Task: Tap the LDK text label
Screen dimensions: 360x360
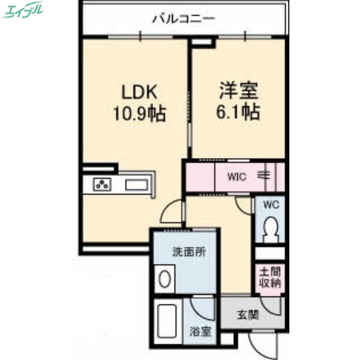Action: [139, 92]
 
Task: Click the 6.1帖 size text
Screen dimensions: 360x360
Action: [238, 112]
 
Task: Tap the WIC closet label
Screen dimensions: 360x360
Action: [236, 177]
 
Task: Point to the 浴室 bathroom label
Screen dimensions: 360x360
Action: [200, 332]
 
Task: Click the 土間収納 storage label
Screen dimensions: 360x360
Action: [270, 278]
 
